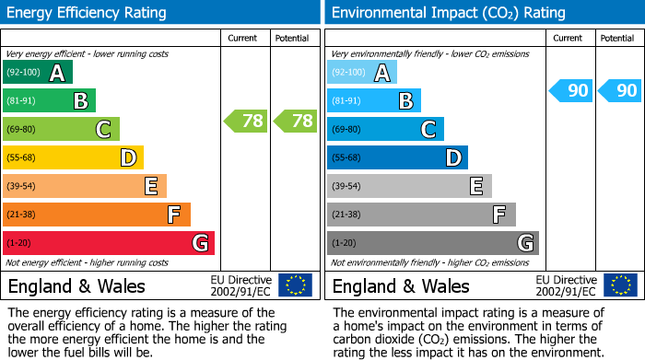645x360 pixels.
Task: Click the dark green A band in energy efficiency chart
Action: click(x=38, y=73)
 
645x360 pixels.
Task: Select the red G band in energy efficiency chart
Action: click(x=109, y=243)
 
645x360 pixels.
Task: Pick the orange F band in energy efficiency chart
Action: click(x=97, y=215)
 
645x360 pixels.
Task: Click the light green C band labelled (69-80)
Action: click(x=62, y=129)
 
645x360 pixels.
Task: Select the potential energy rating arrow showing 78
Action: click(x=296, y=120)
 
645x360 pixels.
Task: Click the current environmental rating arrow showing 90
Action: click(x=571, y=90)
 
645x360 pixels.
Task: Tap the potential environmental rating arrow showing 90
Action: click(x=620, y=90)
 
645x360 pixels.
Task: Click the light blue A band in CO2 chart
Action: click(x=362, y=73)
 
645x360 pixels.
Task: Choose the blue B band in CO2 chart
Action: click(x=374, y=100)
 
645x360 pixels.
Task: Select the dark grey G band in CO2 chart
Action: click(x=433, y=243)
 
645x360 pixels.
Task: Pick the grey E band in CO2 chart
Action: click(x=409, y=186)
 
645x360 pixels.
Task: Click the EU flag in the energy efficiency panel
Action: click(x=295, y=285)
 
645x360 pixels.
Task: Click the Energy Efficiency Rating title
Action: click(x=88, y=13)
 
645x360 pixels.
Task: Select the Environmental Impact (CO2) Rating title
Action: click(x=448, y=13)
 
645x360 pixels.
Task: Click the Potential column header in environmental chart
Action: click(x=616, y=38)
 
